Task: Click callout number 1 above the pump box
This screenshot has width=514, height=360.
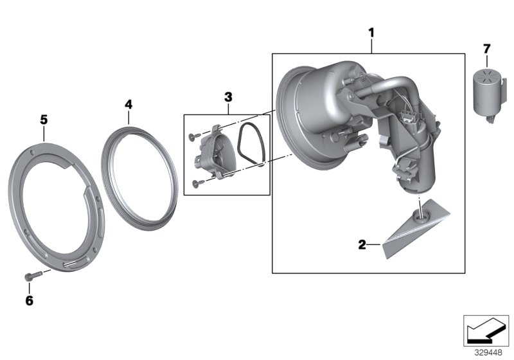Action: [x=370, y=32]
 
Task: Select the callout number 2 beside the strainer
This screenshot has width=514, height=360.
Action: [x=362, y=244]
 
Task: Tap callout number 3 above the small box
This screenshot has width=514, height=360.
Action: [x=227, y=97]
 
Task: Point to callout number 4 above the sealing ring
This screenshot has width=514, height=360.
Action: [x=128, y=103]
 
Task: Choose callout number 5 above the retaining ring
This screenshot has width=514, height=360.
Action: [x=44, y=119]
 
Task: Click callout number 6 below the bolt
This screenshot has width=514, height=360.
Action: [x=29, y=300]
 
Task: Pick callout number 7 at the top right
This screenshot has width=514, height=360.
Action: [x=486, y=48]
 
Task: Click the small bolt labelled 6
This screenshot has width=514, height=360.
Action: [x=31, y=276]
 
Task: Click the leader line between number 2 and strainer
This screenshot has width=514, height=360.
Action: [x=375, y=244]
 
